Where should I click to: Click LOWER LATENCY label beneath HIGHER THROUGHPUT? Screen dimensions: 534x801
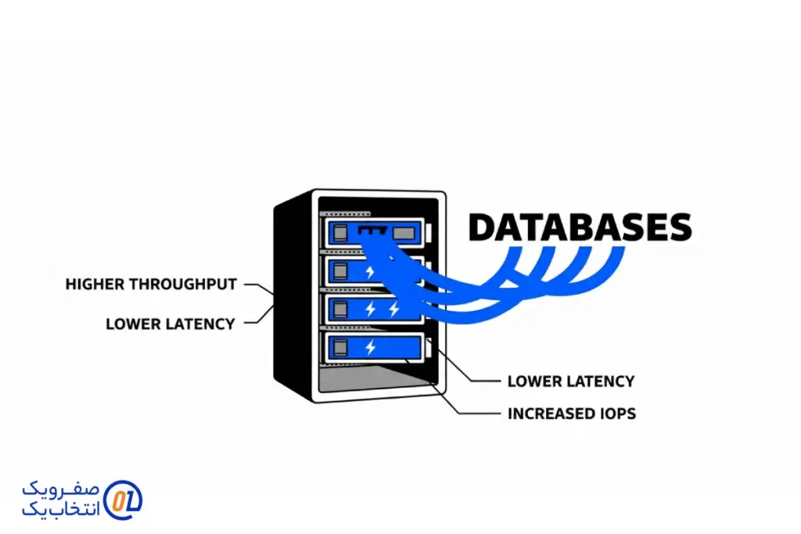click(170, 324)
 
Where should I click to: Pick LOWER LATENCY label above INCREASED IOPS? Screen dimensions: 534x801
click(570, 382)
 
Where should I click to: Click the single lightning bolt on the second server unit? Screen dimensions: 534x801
click(371, 271)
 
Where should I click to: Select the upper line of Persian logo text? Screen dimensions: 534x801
click(61, 489)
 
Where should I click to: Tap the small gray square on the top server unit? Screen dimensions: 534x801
click(341, 231)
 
